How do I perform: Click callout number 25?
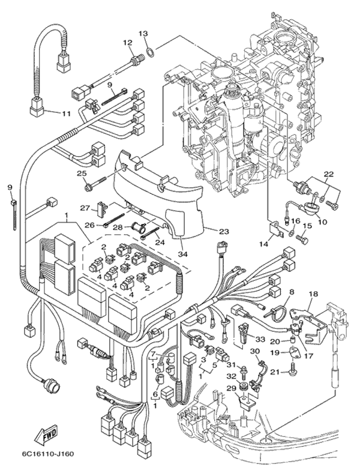(x=82, y=173)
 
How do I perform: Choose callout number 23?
(x=223, y=231)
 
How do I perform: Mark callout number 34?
(x=182, y=254)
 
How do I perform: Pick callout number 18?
(x=313, y=294)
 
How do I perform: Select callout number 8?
(x=292, y=292)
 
